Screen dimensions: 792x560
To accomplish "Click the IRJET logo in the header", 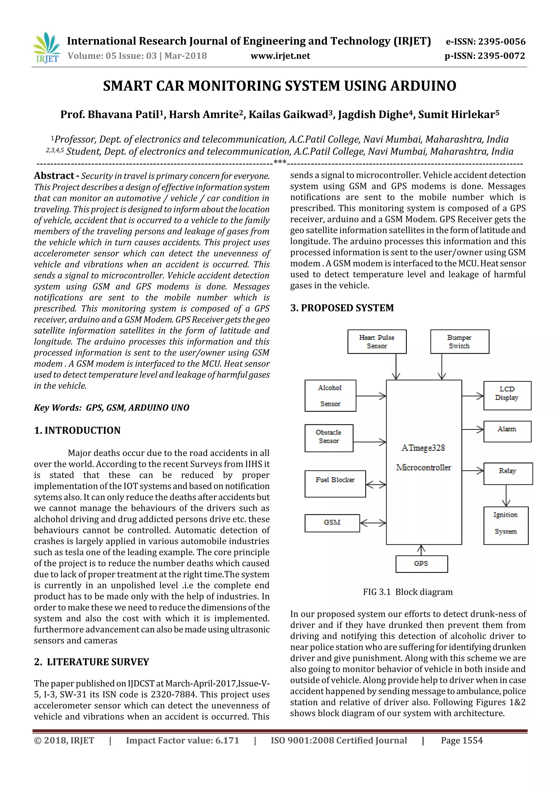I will coord(46,48).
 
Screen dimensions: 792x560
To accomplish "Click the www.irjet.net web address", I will coord(280,56).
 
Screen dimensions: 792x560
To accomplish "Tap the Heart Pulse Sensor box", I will coord(377,341).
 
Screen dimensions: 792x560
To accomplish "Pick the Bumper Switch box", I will coord(459,341).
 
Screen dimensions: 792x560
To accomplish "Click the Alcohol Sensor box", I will coord(330,396).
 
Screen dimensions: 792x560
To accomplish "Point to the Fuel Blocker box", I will coord(335,484).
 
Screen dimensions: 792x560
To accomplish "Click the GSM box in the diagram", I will coord(332,523).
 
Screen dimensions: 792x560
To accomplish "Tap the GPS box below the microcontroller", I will coord(421,564).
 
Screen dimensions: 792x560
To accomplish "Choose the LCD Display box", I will coord(507,395).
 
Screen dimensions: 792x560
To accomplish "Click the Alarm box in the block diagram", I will coord(507,431).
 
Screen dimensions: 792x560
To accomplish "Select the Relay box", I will coord(507,473).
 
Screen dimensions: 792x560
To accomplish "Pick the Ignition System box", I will coord(506,525).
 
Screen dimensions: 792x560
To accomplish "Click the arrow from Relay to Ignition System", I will coord(506,496).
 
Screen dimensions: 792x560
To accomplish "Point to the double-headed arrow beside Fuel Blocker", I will coord(376,485).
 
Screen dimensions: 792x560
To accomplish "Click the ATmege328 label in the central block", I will coord(423,448).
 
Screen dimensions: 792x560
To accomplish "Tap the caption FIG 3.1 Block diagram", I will coord(407,592).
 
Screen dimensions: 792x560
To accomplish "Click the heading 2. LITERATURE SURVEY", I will coord(91,662).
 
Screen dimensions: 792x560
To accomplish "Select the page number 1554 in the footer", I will coord(472,740).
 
